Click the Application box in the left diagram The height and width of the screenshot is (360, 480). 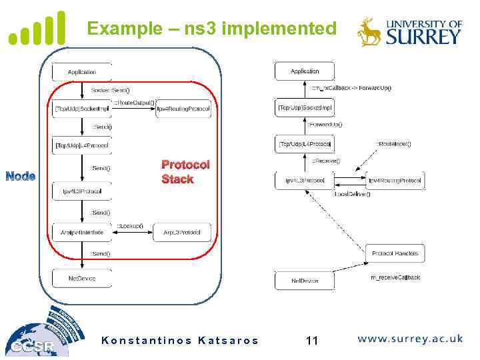click(82, 72)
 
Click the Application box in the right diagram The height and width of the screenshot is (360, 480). click(305, 71)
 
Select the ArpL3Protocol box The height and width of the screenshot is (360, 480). click(181, 232)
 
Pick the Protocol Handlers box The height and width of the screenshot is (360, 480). click(395, 253)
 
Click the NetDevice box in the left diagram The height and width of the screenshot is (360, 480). click(82, 278)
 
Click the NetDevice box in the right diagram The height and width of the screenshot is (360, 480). click(305, 281)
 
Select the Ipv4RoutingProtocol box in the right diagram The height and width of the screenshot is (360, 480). click(395, 180)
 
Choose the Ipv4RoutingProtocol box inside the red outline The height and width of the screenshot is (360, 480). click(183, 109)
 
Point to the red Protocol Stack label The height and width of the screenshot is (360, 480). click(185, 171)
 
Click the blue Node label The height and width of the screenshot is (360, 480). click(20, 176)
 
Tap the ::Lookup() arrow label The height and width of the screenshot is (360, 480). click(130, 226)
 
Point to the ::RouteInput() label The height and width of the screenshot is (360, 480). click(393, 143)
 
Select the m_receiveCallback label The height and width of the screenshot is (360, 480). click(395, 277)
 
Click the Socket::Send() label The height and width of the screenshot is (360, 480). click(110, 89)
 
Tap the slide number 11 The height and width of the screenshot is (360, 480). click(311, 341)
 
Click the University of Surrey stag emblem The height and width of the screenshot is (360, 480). click(369, 31)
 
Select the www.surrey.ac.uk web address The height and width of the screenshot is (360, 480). click(410, 339)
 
